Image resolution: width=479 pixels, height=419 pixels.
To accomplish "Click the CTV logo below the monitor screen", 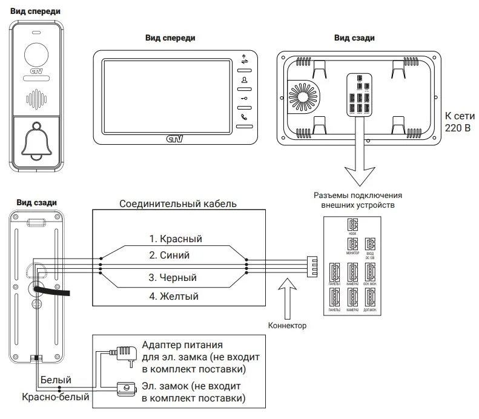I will pyautogui.click(x=173, y=139).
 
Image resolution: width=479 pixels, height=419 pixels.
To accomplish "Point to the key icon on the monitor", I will pyautogui.click(x=244, y=98).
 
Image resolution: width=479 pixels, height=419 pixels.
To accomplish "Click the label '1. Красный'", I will pyautogui.click(x=176, y=239).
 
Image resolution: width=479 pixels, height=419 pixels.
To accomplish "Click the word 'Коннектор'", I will pyautogui.click(x=287, y=325).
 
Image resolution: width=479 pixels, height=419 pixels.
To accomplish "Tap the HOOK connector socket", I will pyautogui.click(x=352, y=223).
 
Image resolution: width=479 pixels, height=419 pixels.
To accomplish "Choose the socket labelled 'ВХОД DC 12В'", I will pyautogui.click(x=371, y=245).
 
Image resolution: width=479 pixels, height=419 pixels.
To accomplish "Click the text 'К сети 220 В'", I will pyautogui.click(x=457, y=121).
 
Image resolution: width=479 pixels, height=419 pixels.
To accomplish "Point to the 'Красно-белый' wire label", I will pyautogui.click(x=55, y=398).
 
